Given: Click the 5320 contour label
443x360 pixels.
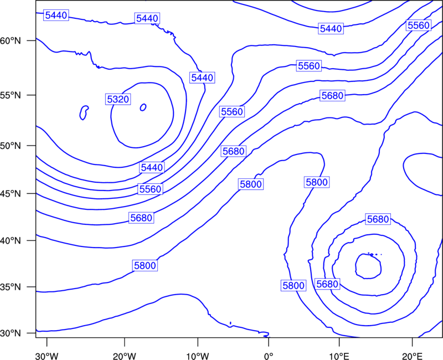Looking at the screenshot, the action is tap(118, 99).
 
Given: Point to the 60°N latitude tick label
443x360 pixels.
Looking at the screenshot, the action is tap(11, 40).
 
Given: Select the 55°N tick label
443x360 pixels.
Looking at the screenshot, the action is tap(11, 95).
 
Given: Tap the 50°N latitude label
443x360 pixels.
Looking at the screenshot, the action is tap(11, 146).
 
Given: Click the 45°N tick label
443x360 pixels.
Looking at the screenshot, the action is tap(11, 193).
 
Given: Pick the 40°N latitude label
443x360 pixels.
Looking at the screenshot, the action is tap(11, 241).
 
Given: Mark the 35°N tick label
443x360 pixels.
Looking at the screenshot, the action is tap(11, 287).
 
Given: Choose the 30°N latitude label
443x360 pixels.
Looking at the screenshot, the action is tap(11, 333).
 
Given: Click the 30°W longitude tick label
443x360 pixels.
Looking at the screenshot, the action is tap(47, 356).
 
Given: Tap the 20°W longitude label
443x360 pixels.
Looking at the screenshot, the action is tap(124, 356).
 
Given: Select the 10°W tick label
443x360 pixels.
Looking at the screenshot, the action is tap(198, 356).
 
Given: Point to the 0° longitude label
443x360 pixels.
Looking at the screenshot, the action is tap(269, 356).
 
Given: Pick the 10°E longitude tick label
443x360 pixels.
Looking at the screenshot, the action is tap(339, 356).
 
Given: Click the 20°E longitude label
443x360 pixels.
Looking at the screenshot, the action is tap(412, 356).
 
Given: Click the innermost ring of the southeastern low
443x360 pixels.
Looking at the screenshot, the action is tap(356, 266).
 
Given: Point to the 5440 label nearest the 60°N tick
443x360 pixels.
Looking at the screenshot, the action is tap(56, 16).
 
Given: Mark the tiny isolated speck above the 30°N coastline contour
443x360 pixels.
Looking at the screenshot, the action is tap(230, 323).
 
